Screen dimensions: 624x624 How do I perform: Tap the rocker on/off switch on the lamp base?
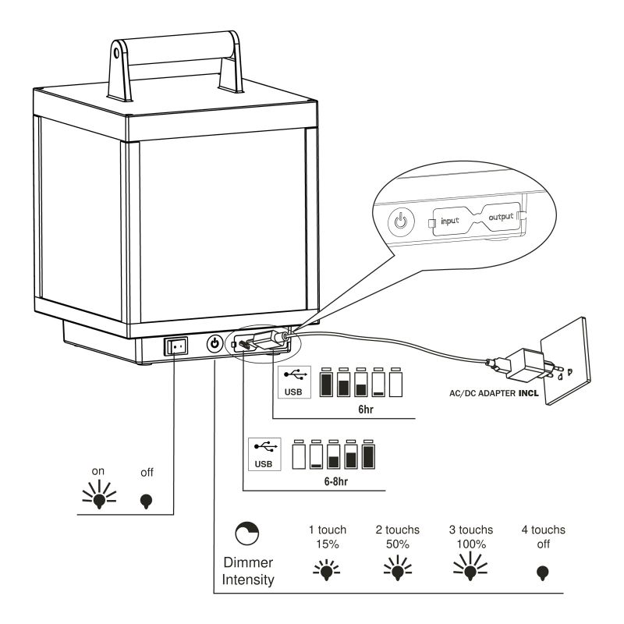(x=176, y=344)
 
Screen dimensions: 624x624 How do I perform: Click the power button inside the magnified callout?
(x=399, y=221)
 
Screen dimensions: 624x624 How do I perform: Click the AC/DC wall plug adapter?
(x=516, y=364)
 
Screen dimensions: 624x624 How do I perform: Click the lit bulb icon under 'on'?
(x=100, y=498)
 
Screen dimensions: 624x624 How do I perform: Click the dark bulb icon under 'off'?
(x=147, y=500)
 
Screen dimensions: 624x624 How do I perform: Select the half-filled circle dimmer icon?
(x=247, y=533)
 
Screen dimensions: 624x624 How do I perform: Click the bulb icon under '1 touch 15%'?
(x=327, y=569)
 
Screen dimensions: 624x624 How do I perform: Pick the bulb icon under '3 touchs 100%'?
(x=470, y=568)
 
